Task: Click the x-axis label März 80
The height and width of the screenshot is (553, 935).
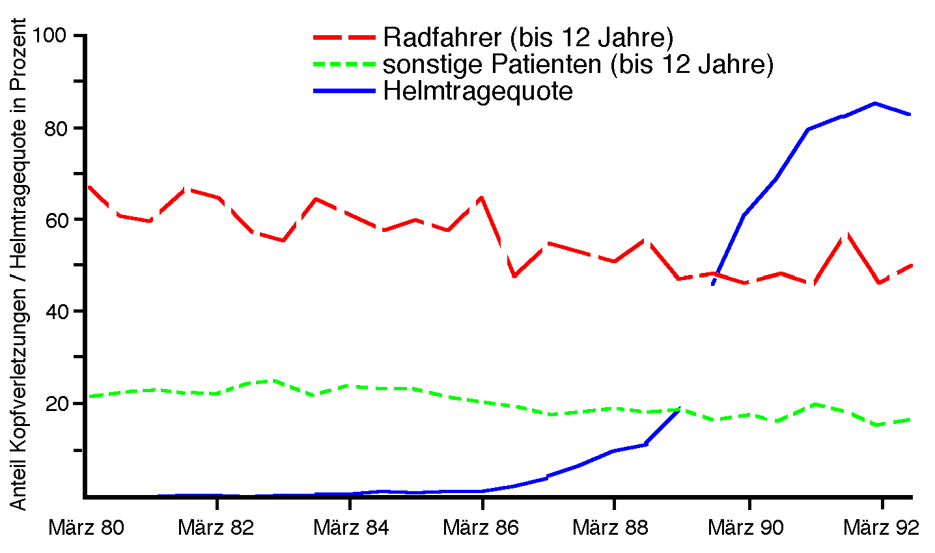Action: pos(86,527)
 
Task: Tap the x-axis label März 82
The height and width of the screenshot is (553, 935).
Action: pos(216,527)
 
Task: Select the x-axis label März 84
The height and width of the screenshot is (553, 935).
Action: pos(351,527)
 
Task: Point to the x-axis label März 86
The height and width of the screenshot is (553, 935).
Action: pos(481,527)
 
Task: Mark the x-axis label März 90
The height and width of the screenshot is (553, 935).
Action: pos(746,527)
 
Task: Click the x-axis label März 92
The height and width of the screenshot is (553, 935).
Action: pos(881,527)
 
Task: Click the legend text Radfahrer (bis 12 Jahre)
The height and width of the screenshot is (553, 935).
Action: pos(527,38)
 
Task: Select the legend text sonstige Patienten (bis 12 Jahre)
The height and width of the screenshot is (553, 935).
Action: pos(578,64)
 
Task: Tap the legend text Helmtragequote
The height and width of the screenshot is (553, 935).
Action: pos(477,91)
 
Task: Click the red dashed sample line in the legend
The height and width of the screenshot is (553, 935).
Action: pos(344,37)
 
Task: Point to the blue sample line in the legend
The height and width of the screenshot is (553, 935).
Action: pos(344,91)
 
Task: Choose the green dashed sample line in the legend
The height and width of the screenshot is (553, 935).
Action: pos(344,64)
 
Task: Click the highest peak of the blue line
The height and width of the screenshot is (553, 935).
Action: pos(875,103)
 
